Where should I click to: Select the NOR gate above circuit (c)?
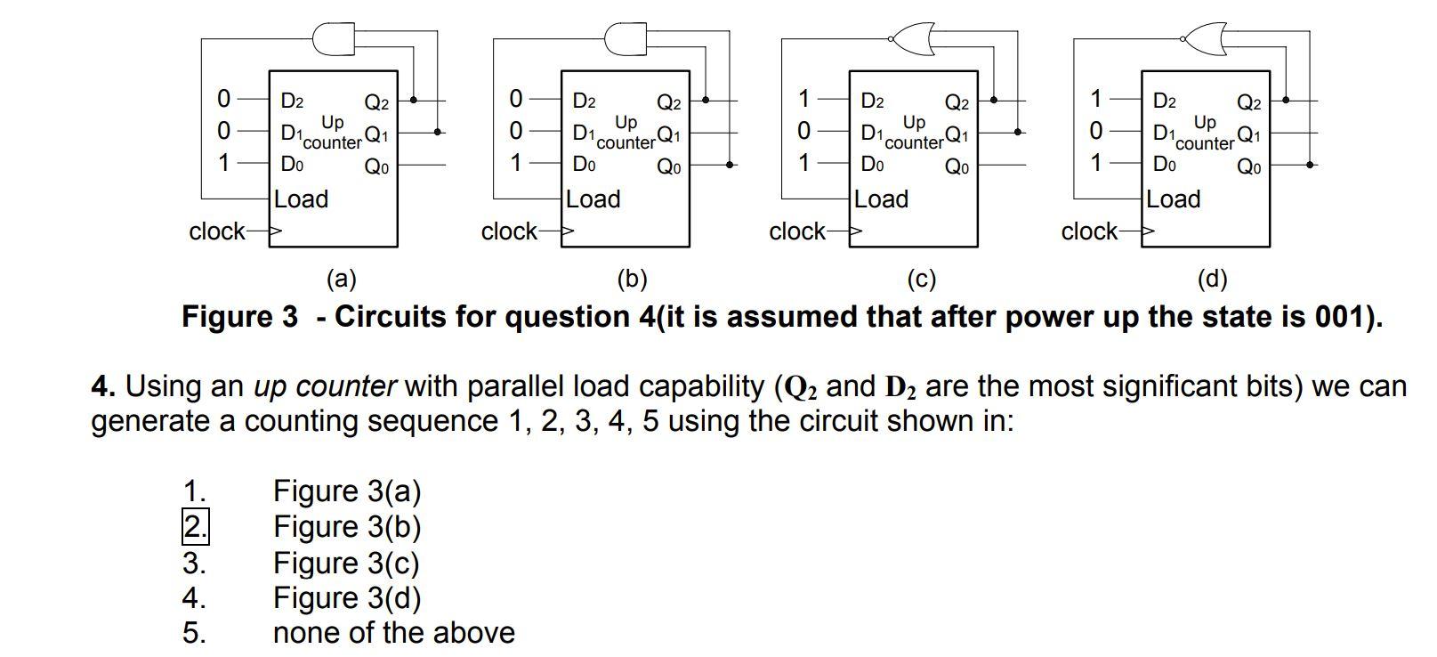[x=912, y=38]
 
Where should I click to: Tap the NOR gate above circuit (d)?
[x=1204, y=38]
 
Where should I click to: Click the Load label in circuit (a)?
[x=301, y=199]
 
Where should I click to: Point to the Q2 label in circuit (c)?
[x=957, y=103]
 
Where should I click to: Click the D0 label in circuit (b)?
[x=584, y=165]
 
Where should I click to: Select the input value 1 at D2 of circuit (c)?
[x=804, y=98]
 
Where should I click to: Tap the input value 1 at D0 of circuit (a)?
[x=223, y=163]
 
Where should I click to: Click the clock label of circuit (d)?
[x=1089, y=231]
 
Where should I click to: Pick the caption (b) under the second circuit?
[x=632, y=279]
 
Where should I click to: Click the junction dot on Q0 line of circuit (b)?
[x=729, y=165]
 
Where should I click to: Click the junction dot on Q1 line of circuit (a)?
[x=437, y=132]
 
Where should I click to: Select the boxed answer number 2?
[x=195, y=526]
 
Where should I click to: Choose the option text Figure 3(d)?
[x=346, y=597]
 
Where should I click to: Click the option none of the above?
[x=393, y=633]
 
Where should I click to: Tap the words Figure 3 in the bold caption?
[x=239, y=317]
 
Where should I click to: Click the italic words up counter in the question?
[x=325, y=386]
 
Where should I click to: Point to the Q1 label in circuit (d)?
[x=1248, y=136]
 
